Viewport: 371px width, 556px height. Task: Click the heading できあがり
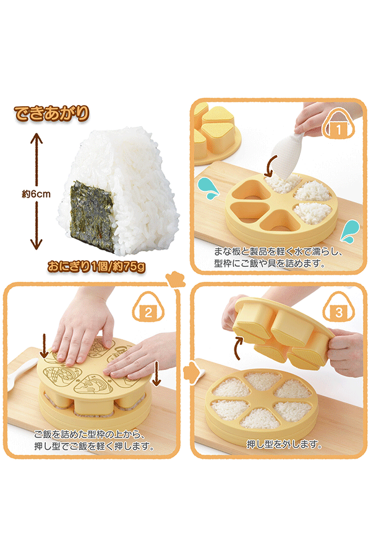tap(51, 114)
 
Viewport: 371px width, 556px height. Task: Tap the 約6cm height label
tap(36, 194)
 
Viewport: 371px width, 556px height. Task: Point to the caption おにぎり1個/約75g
tap(96, 266)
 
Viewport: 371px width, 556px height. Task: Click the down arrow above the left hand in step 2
tap(45, 346)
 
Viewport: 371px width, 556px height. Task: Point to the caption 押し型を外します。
tap(284, 444)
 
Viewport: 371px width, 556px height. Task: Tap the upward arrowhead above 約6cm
tap(36, 138)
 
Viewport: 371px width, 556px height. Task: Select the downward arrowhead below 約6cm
tap(36, 244)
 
